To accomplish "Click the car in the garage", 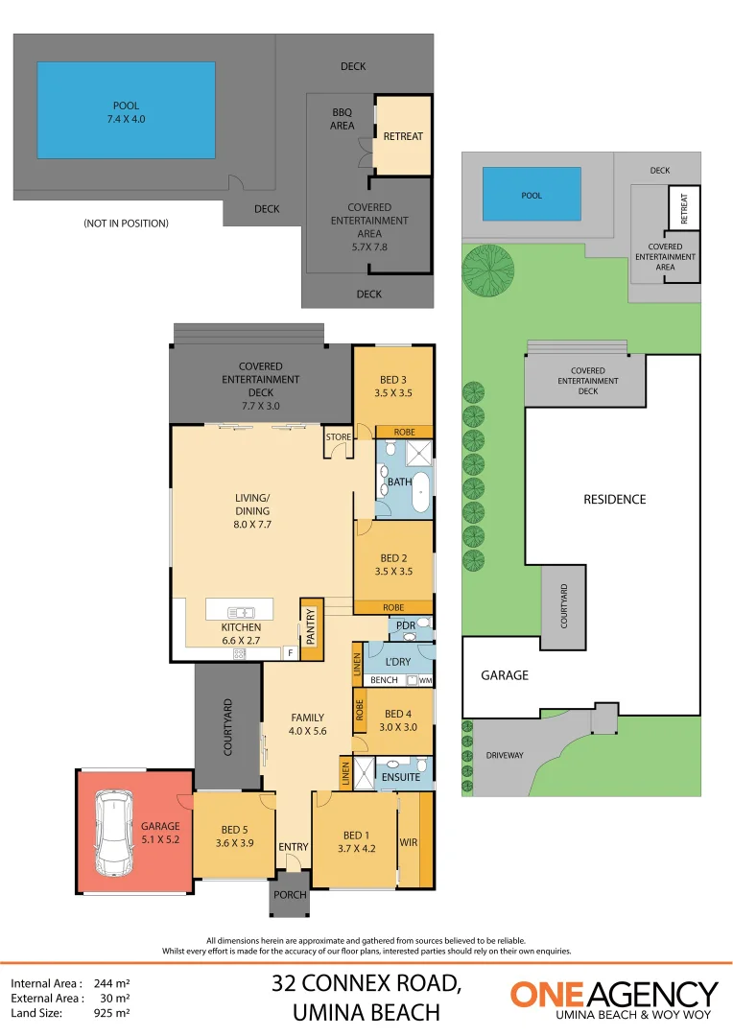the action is click(113, 832).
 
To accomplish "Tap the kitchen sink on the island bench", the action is click(241, 612).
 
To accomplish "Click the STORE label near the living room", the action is click(339, 436).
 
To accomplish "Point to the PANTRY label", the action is click(311, 626).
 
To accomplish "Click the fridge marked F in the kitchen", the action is click(290, 653).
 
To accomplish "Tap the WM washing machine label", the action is click(425, 680).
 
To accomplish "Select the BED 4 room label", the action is click(398, 714).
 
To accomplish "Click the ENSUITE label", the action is click(400, 777).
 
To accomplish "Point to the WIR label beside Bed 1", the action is click(409, 842).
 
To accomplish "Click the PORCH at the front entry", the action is click(290, 894).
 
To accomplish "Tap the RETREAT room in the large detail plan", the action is click(403, 135).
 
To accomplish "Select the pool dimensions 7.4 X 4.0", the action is click(127, 119).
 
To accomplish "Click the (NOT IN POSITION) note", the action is click(127, 224).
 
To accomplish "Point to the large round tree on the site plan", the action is click(487, 270).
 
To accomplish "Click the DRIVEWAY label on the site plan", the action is click(505, 755).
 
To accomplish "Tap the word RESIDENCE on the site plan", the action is click(615, 500).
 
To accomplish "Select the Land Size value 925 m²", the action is click(111, 1012).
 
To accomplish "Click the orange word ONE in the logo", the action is click(548, 995).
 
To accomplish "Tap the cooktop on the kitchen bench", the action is click(239, 654).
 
